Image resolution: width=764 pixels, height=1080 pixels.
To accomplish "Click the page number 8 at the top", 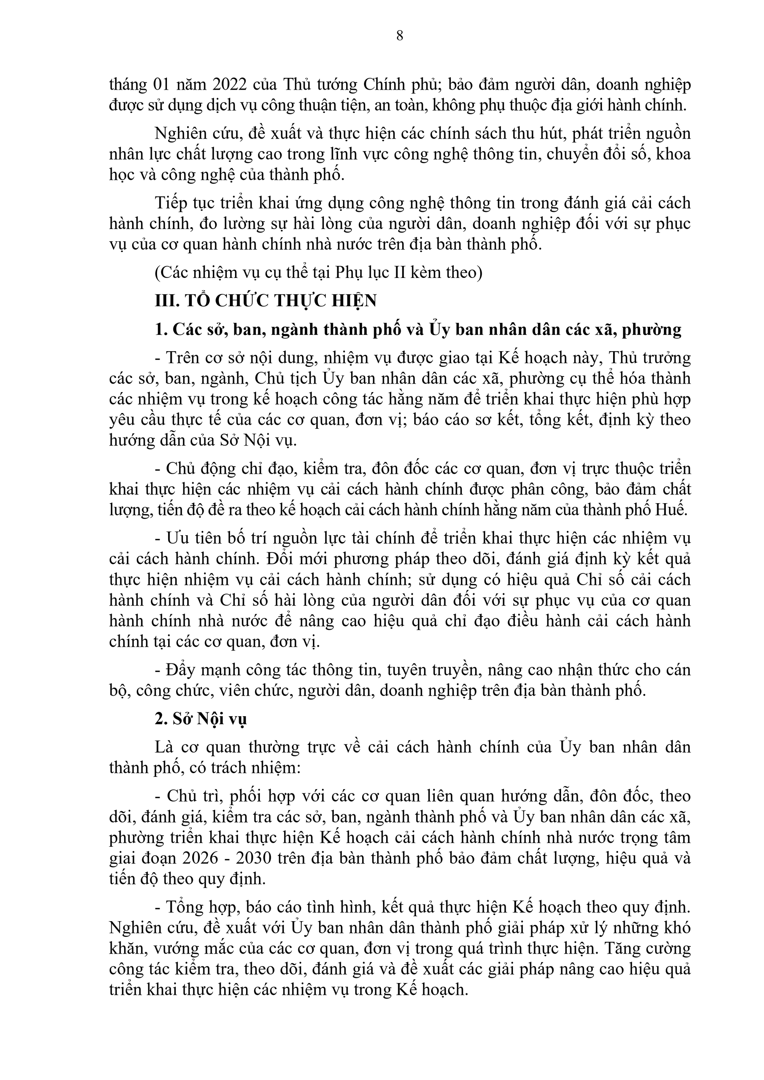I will click(x=400, y=36).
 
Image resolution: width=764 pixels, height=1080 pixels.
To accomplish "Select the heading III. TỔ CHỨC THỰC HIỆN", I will click(x=266, y=300).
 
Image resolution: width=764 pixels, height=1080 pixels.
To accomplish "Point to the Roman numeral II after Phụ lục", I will click(x=400, y=272).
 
